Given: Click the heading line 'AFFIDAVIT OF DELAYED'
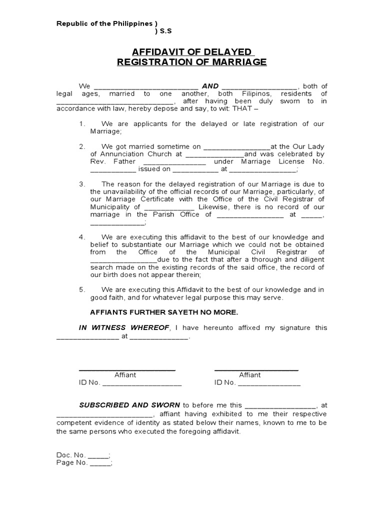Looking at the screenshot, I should coord(192,51).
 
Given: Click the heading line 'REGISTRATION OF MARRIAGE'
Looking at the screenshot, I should coord(192,62).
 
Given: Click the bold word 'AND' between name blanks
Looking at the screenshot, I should coord(210,86).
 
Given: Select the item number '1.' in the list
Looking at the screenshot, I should coord(82,123).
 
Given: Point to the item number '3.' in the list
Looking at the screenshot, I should coord(82,184).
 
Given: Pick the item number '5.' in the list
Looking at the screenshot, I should coord(82,289).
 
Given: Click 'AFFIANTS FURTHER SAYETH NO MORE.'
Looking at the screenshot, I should coord(164,312).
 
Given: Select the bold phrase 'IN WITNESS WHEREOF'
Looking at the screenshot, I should coord(124,327).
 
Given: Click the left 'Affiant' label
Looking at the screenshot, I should coord(125,375).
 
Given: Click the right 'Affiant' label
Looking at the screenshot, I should coord(249,375).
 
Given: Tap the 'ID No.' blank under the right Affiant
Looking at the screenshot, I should coord(269,383).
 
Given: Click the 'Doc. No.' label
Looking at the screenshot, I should coord(71,455).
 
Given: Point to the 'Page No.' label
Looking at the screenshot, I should coord(72,463).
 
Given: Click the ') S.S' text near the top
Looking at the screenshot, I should coord(163,31).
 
